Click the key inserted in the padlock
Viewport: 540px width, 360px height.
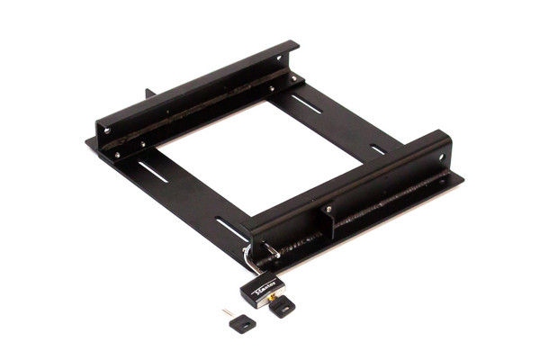tap(282, 307)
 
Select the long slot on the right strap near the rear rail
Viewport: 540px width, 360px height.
tap(307, 103)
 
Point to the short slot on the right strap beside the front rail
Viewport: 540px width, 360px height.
tap(377, 149)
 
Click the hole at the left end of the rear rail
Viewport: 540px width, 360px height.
tap(106, 130)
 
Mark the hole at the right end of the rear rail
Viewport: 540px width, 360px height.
tap(279, 60)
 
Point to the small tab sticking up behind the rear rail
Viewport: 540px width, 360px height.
tap(149, 94)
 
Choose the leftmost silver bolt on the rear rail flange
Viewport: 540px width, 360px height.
tap(118, 155)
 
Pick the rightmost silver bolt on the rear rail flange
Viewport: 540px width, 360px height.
tap(293, 78)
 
